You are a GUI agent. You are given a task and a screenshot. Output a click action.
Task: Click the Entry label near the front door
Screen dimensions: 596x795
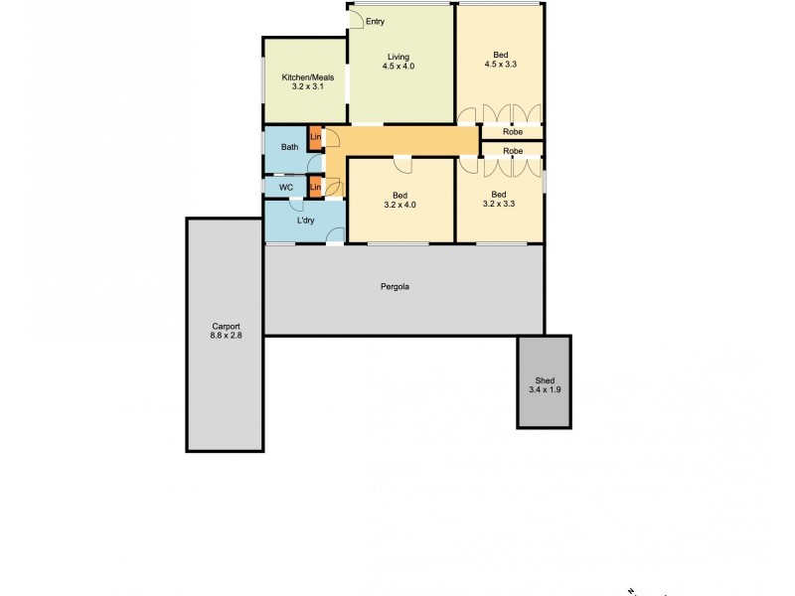pos(376,21)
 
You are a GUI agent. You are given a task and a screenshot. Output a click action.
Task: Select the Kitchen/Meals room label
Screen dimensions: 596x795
pos(307,81)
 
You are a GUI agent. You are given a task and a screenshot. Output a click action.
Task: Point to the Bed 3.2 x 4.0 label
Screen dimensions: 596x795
pos(399,200)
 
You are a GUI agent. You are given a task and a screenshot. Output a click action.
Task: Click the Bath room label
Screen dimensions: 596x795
pos(289,147)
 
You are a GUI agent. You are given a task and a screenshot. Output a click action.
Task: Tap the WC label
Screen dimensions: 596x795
pos(285,187)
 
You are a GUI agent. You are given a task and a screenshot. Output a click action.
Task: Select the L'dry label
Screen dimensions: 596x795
pos(306,221)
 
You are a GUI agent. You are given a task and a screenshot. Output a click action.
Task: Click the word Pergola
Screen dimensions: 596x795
pos(395,287)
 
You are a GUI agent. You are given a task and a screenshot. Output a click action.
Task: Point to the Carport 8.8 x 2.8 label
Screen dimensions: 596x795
pos(226,331)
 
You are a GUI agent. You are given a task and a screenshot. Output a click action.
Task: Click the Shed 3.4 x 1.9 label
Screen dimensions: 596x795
pos(545,385)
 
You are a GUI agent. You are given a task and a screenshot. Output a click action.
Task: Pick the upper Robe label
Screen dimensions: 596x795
pos(513,131)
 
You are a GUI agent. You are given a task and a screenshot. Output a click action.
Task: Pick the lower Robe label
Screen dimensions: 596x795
pos(513,151)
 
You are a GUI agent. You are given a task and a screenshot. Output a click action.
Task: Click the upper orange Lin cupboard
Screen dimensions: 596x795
pos(315,138)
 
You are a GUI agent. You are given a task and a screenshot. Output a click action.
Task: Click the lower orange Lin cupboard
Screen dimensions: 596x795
pos(315,187)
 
